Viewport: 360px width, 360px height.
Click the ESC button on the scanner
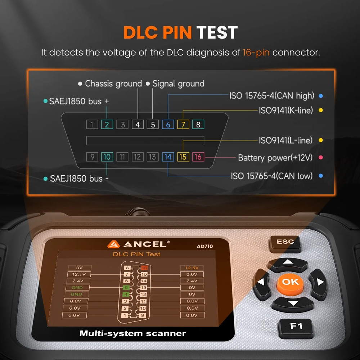click(285, 242)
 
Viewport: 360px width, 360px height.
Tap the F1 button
click(296, 327)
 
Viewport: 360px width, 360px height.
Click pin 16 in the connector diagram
click(198, 157)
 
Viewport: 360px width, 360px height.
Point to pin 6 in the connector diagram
click(168, 125)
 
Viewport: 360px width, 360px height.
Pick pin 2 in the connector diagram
click(107, 125)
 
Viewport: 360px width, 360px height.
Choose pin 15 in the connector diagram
click(183, 157)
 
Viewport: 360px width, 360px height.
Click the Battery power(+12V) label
click(275, 158)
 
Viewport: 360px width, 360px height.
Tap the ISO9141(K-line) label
click(286, 110)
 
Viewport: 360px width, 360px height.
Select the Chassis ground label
click(113, 84)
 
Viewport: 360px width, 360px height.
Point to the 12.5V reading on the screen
click(192, 268)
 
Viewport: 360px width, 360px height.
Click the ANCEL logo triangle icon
click(113, 244)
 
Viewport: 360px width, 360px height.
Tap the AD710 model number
click(204, 246)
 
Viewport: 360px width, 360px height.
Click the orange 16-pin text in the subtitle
click(256, 53)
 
